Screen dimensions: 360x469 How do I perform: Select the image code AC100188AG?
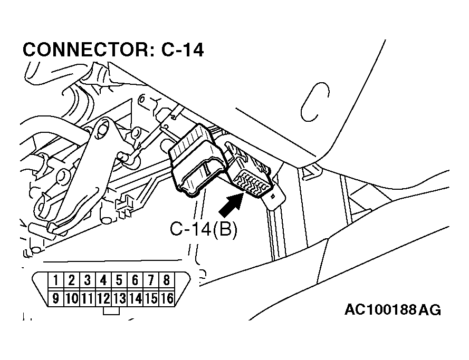coord(393,309)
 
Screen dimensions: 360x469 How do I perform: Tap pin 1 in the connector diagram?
coord(56,280)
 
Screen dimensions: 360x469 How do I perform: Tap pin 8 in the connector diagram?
coord(167,280)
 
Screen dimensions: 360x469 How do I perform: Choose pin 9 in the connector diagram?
coord(56,299)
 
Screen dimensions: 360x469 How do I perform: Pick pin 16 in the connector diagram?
coord(167,299)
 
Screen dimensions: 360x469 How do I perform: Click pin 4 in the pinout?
coord(103,280)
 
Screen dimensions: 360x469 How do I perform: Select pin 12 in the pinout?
coord(103,299)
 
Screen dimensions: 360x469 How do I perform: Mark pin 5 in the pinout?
coord(119,280)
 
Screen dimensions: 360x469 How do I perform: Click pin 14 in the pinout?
coord(135,299)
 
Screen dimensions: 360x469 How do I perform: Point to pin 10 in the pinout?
coord(72,299)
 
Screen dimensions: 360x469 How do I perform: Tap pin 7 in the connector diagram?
coord(151,280)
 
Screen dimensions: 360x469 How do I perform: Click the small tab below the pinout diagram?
coord(111,311)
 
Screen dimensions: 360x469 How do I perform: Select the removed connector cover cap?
coord(196,161)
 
